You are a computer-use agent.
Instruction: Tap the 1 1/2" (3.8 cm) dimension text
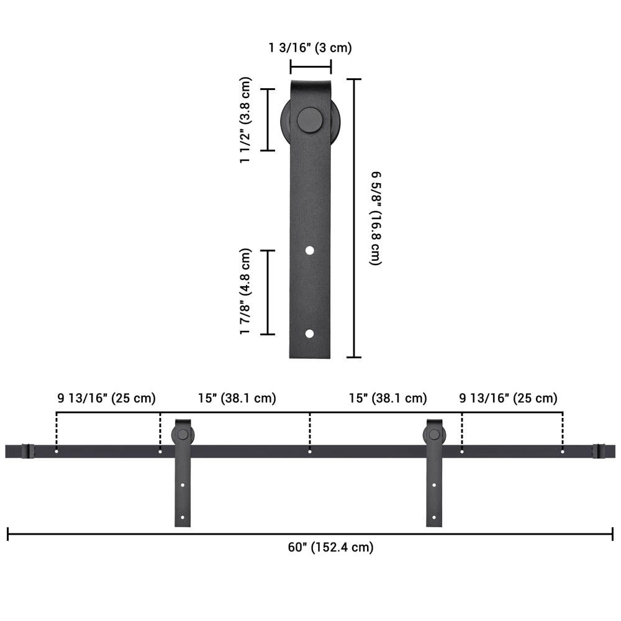(246, 120)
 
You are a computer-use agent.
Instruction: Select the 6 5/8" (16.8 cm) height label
(375, 218)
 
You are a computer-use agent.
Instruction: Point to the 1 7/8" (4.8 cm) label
(246, 291)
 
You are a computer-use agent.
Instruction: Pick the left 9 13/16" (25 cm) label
(107, 398)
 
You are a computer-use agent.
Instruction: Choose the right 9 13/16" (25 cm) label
(508, 398)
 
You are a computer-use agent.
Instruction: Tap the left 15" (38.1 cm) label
(237, 398)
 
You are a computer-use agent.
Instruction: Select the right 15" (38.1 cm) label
(388, 398)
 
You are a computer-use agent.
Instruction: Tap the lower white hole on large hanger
(309, 333)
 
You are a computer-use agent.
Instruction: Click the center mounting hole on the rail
(310, 451)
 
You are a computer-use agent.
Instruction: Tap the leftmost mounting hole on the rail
(57, 451)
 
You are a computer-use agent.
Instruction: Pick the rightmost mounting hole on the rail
(563, 451)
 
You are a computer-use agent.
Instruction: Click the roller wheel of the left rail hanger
(182, 435)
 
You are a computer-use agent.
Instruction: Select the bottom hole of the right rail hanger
(434, 517)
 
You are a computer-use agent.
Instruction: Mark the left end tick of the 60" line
(8, 534)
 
